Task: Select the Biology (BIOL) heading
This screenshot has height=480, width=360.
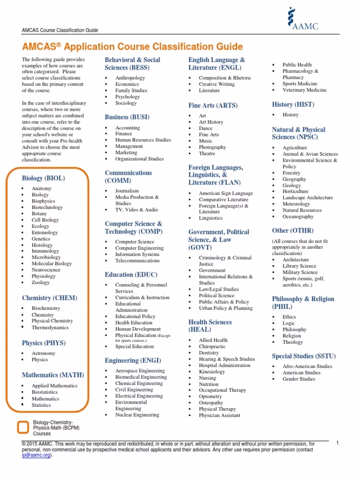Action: coord(44,178)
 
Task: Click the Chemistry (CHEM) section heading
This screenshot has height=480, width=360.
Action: coord(50,298)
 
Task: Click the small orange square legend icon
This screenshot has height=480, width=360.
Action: coord(22,427)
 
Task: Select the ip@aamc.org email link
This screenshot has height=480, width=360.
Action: coord(36,455)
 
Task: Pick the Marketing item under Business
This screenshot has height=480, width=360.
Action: coord(126,152)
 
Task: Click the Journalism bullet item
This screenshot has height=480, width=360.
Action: coord(127,191)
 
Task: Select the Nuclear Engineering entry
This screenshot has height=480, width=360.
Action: coord(137,415)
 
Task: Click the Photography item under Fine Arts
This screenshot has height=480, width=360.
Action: coord(212,147)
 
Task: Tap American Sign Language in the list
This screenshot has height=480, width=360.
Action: coord(225,193)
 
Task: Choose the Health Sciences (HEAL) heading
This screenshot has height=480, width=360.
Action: coord(210,326)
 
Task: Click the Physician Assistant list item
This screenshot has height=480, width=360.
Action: coord(219,415)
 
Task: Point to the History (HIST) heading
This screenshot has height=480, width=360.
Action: coord(293,105)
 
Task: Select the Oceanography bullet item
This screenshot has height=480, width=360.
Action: coord(298,217)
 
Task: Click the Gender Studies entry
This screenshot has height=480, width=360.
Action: coord(299,379)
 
